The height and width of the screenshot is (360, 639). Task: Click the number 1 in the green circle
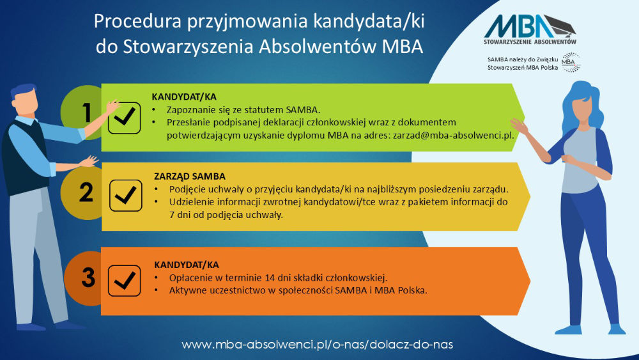coord(86,113)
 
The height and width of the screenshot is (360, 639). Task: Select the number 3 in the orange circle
coord(88,278)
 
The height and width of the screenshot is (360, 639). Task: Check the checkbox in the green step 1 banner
coord(124,116)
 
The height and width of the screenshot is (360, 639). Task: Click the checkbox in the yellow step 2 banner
coord(126,195)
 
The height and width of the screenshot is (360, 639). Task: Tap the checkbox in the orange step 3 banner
coord(124,280)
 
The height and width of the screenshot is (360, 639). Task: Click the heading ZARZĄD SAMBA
coord(190,176)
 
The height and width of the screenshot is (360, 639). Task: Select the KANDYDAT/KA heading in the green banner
coord(180,97)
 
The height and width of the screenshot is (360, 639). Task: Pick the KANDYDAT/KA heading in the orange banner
coord(183,263)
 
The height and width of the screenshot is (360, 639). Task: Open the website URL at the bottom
coord(318,344)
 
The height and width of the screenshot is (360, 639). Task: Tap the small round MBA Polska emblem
coord(570,63)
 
